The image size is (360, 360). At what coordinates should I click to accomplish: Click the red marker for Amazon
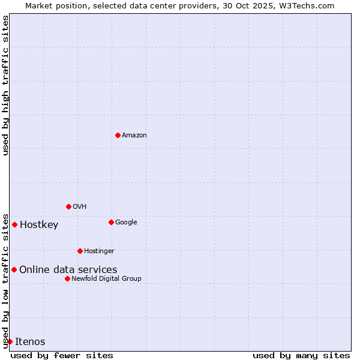118,135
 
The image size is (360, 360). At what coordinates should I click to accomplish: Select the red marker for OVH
68,206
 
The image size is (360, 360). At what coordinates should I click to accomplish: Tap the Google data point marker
111,222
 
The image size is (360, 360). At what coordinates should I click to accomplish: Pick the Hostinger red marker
80,251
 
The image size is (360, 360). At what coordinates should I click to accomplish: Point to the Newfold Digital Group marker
67,278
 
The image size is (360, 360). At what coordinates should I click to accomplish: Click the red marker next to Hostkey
14,224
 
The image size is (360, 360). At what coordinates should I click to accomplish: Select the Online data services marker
14,269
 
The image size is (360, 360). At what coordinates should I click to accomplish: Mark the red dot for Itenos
10,341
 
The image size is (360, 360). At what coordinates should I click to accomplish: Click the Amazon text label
134,136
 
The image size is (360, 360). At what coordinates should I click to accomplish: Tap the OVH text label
80,207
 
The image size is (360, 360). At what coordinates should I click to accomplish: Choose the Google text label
126,223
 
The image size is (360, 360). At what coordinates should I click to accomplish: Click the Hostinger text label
99,251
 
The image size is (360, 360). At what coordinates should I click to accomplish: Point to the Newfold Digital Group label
106,279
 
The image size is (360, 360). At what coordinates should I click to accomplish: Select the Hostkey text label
39,225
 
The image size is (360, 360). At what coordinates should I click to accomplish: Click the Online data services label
68,270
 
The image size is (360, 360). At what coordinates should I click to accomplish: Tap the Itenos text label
30,342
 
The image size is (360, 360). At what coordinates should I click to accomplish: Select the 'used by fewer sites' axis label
62,355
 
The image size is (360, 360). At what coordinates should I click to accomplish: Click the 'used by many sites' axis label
301,355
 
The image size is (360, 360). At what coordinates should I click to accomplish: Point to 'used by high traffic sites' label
5,85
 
